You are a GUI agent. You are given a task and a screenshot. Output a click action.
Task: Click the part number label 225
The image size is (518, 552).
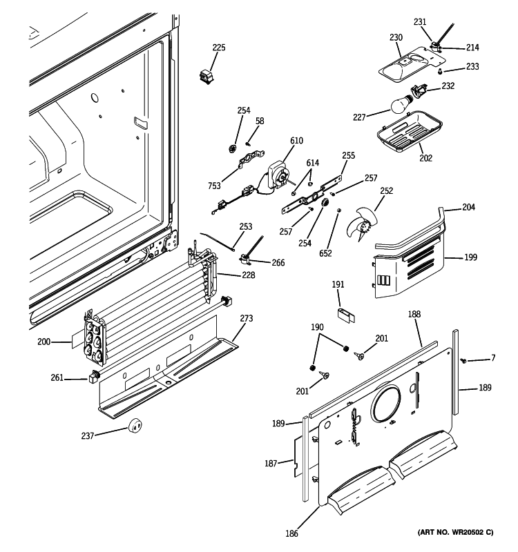click(x=219, y=48)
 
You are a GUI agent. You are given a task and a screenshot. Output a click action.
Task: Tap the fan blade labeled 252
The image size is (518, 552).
click(x=365, y=219)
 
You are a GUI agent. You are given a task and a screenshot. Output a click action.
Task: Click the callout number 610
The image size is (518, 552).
click(x=296, y=141)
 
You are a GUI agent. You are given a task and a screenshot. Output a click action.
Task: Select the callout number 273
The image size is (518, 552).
click(x=247, y=318)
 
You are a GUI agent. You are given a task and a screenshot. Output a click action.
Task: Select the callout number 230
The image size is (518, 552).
click(x=396, y=37)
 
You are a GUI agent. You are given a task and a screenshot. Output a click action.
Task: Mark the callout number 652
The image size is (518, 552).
click(x=326, y=253)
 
